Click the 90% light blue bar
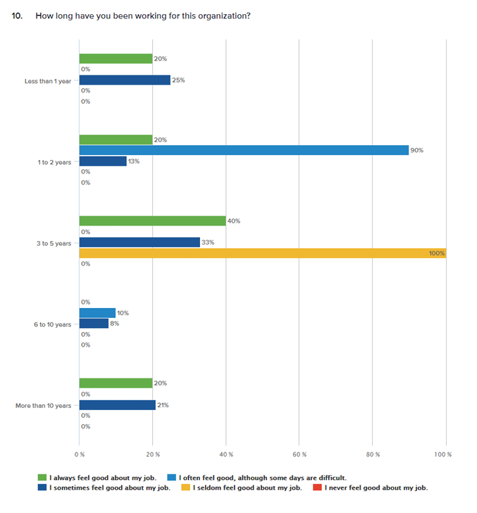tap(244, 150)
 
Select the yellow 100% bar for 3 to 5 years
tap(262, 253)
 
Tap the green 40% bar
tap(152, 221)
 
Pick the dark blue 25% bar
tap(125, 80)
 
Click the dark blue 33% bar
tap(140, 242)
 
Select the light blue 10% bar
tap(97, 313)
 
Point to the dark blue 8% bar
tap(94, 323)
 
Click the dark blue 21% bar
tap(118, 405)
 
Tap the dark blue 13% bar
tap(103, 161)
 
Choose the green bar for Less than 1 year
tap(116, 58)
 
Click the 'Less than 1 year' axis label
tap(47, 81)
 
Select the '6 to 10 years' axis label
tap(52, 324)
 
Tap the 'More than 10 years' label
tap(43, 405)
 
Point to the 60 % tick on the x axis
tap(299, 455)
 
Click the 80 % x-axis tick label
tap(372, 455)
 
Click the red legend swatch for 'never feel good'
tap(317, 488)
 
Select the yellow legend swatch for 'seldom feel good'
tap(185, 488)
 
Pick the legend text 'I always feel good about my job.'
tap(103, 477)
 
